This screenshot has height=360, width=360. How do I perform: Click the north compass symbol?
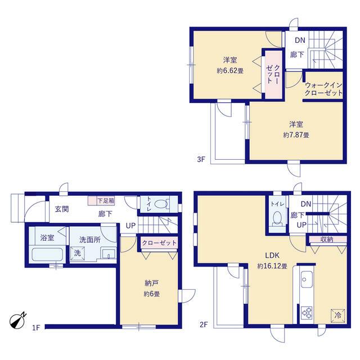pos(17,321)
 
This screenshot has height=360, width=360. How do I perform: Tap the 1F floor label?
pos(36,327)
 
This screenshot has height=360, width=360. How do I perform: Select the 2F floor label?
pos(204,325)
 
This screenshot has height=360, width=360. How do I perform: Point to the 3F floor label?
pos(201,159)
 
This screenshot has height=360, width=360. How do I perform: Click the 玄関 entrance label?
pos(61,209)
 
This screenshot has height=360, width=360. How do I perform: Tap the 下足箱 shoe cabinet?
pos(101,201)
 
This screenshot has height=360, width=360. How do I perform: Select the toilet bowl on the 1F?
pos(161,204)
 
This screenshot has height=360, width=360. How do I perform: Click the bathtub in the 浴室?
pos(47,255)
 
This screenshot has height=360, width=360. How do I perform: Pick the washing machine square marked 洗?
pos(78,253)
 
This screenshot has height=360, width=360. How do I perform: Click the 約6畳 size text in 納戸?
pos(152,294)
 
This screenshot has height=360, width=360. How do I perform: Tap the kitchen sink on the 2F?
pos(307,279)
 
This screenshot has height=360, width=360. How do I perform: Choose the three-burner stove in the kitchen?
pos(307,313)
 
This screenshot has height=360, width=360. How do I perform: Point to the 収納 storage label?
pos(327,240)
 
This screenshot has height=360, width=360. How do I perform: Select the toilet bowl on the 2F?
pos(277,218)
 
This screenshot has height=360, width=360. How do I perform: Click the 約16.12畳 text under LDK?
pos(272,266)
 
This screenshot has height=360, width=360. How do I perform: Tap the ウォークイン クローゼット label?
pos(324,89)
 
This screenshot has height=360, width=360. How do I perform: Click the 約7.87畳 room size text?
pos(296,135)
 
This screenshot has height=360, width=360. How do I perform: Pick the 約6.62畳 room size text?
pos(230,71)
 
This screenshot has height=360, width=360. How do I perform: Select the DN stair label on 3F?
pos(300,40)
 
